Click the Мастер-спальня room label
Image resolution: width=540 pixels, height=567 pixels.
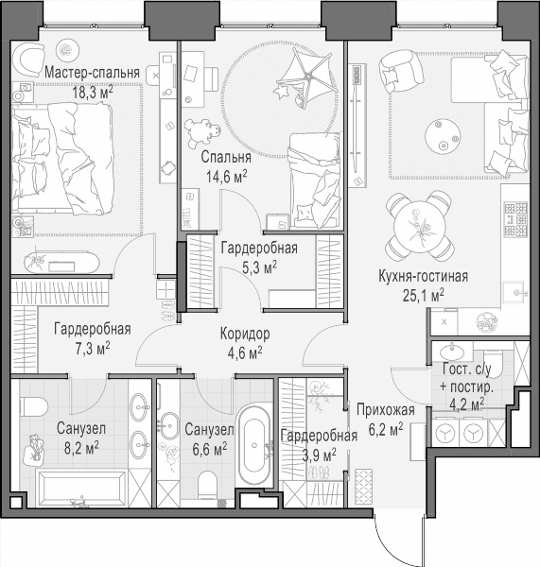point(93,73)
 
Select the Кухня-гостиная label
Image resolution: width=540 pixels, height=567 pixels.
point(423,276)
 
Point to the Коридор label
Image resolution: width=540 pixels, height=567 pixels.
point(245,334)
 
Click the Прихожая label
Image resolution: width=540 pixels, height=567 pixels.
point(386,410)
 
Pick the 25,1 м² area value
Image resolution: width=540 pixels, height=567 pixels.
point(424,296)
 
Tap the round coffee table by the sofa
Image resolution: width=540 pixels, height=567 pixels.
point(443,136)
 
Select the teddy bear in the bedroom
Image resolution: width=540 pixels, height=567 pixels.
point(202,132)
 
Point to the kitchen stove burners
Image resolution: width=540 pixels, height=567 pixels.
point(516,219)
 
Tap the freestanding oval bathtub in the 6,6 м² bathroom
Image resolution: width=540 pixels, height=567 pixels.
point(254,446)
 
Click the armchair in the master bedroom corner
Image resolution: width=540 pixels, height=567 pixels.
point(27,59)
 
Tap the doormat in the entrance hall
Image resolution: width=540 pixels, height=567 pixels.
point(363,487)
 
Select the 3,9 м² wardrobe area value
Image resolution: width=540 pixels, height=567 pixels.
point(319,455)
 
